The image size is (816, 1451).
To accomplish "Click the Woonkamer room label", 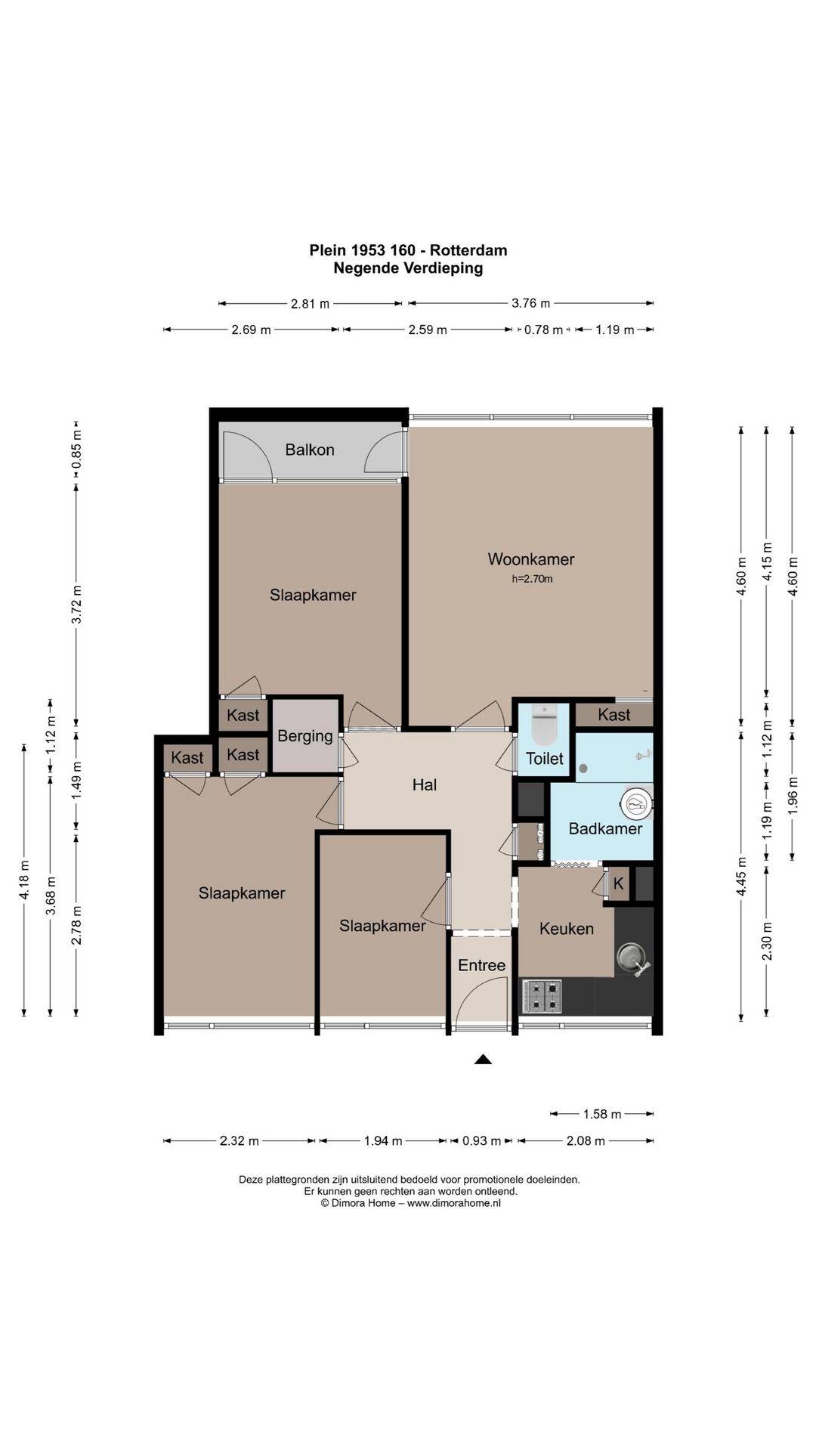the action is (531, 559).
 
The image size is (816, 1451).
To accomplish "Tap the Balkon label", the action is (310, 450).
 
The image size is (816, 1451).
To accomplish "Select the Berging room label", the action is (305, 736).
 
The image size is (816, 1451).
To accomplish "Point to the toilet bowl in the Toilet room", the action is (544, 725).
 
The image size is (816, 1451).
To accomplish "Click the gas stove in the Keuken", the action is (542, 996).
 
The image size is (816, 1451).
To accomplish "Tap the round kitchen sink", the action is (629, 958).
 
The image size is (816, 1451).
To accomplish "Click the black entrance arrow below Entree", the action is (483, 1060).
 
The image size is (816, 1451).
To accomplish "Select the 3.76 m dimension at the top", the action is (531, 303).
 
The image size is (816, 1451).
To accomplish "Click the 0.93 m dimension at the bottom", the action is (481, 1140).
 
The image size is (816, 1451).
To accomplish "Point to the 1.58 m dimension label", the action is (602, 1114).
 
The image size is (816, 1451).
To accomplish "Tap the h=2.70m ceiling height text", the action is (532, 580).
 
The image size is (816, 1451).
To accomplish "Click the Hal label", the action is (425, 785).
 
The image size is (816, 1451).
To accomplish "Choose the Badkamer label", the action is (605, 828).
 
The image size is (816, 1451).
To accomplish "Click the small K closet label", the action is (619, 883).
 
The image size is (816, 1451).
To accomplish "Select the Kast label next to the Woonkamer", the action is (614, 715).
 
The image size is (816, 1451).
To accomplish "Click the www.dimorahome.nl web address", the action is (454, 1203).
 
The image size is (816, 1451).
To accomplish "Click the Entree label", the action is (481, 965).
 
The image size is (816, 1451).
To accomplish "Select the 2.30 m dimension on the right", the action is (767, 941).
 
